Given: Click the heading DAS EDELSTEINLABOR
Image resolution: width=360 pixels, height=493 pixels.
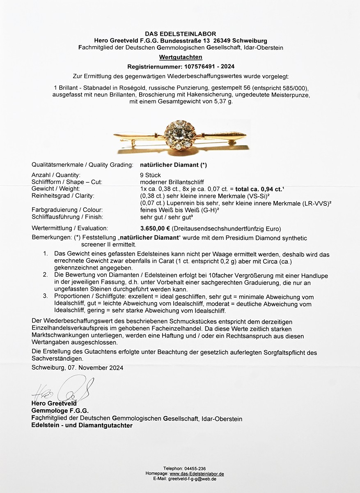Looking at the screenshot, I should coord(180,34).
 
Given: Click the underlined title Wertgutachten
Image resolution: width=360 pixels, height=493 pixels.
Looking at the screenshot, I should coord(180,58).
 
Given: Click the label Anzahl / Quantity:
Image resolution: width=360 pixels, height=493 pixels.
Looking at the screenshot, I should coord(56,175).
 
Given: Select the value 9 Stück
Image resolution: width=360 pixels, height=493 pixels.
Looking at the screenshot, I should coord(150,175).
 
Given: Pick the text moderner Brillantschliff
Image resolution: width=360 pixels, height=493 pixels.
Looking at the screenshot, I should coord(172,182).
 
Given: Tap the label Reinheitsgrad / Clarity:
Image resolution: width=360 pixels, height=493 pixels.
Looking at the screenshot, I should coord(63,196).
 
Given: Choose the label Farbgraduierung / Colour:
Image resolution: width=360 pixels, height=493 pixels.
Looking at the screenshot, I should coord(67,210).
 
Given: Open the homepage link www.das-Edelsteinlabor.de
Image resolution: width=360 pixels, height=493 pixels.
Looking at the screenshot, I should coord(197,474).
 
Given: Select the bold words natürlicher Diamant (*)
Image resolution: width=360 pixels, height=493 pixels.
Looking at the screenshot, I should coord(173,165).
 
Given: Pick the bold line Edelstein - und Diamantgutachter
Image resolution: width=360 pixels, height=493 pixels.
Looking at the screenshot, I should coord(82,426).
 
